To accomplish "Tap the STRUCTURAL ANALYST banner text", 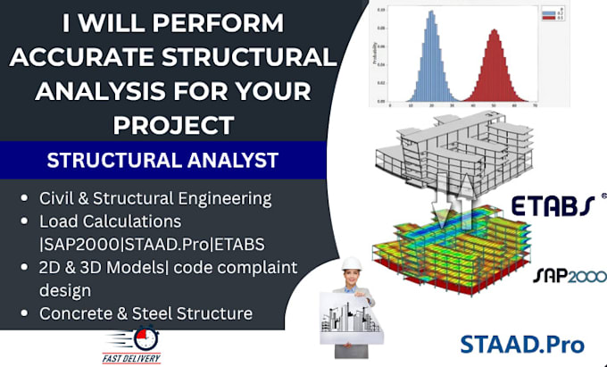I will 162,162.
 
